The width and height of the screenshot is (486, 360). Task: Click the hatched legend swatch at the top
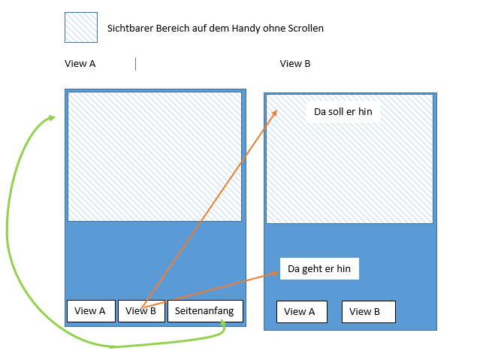pyautogui.click(x=80, y=27)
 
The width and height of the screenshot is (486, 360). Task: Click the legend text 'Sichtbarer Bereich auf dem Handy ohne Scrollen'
pyautogui.click(x=216, y=28)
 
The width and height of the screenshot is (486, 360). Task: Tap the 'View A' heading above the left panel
pyautogui.click(x=80, y=64)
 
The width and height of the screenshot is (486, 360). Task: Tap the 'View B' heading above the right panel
pyautogui.click(x=295, y=64)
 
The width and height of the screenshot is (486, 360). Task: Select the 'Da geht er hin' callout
pyautogui.click(x=319, y=268)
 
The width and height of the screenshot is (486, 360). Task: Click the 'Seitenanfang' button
pyautogui.click(x=205, y=310)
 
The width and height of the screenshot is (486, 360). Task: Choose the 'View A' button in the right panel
pyautogui.click(x=301, y=312)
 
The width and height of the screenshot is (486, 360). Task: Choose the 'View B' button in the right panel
pyautogui.click(x=368, y=312)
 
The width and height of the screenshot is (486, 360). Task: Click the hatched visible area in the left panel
pyautogui.click(x=155, y=156)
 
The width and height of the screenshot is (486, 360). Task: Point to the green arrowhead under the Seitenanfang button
pyautogui.click(x=222, y=324)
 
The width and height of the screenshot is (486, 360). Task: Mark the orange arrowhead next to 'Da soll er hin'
pyautogui.click(x=275, y=112)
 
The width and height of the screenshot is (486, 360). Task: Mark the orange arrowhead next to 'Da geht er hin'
pyautogui.click(x=275, y=274)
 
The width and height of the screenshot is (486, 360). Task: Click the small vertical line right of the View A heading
pyautogui.click(x=136, y=64)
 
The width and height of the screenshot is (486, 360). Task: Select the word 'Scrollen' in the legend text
pyautogui.click(x=305, y=28)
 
